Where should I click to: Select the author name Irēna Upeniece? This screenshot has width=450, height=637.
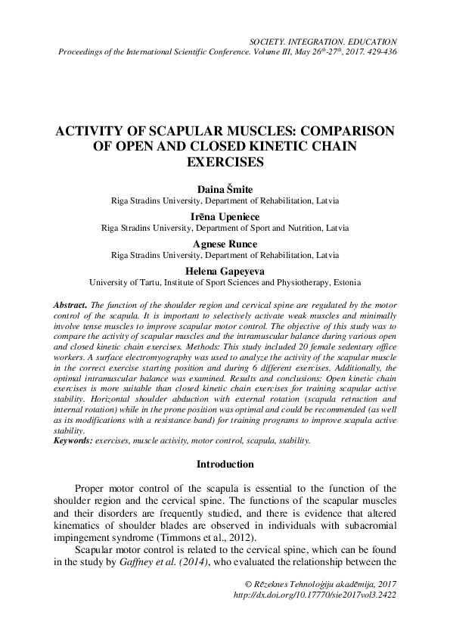(x=225, y=216)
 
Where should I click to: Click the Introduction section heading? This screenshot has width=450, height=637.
(x=225, y=464)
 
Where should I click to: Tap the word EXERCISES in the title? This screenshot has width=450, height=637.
(x=225, y=162)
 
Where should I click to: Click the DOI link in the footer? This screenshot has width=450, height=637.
(x=316, y=595)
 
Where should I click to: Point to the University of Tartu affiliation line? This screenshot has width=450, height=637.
(x=225, y=282)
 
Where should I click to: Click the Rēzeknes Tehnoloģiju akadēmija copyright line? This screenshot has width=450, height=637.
(x=322, y=583)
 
